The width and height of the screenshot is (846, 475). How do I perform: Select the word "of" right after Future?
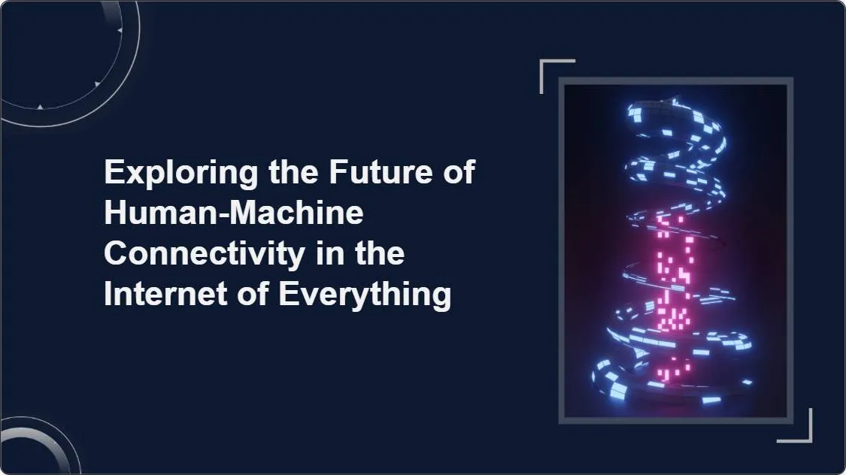(457, 173)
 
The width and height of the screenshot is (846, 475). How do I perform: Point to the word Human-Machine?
(234, 213)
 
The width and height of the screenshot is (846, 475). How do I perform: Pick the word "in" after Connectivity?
(326, 254)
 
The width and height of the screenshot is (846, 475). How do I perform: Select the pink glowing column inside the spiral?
(672, 286)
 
